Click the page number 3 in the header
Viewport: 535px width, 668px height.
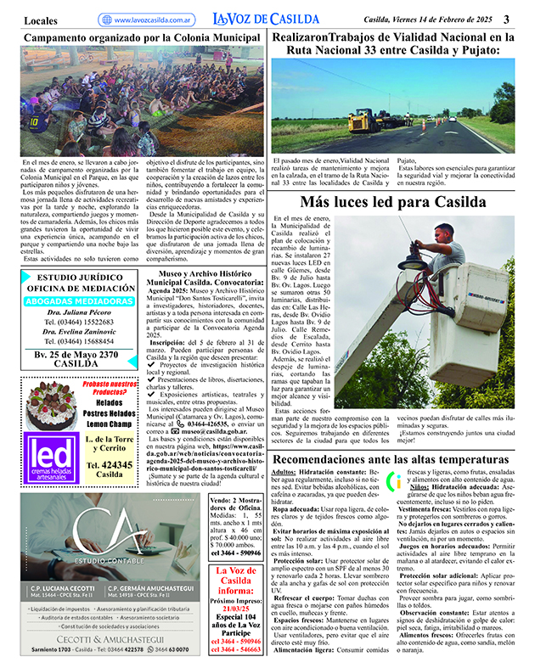pyautogui.click(x=506, y=19)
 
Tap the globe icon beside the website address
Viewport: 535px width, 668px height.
pyautogui.click(x=104, y=20)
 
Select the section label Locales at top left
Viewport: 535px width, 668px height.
pyautogui.click(x=41, y=19)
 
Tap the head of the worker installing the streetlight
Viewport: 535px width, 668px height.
pyautogui.click(x=448, y=232)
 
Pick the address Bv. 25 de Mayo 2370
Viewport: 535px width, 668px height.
pyautogui.click(x=76, y=354)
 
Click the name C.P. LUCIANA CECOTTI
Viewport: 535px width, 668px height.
pyautogui.click(x=64, y=612)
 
